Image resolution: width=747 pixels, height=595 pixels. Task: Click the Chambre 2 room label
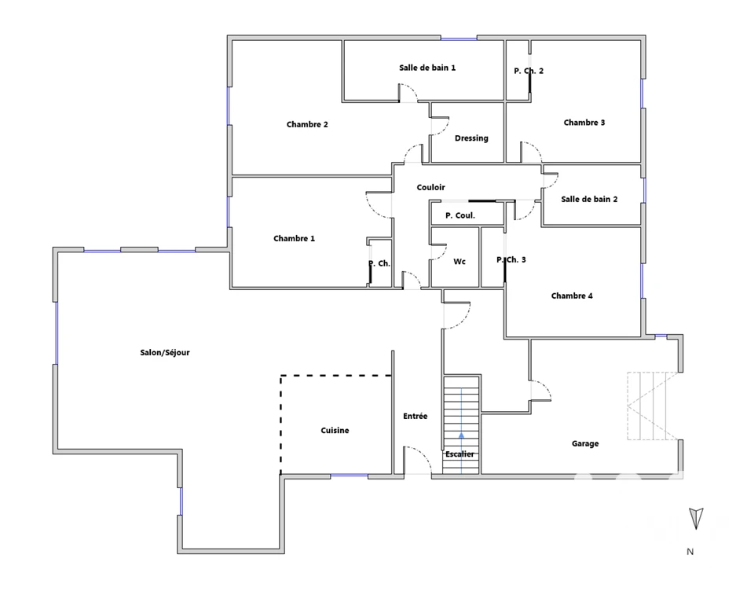coord(307,124)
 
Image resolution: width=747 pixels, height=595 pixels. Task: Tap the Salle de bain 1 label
coord(427,68)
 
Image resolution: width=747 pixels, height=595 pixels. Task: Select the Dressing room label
coord(471,138)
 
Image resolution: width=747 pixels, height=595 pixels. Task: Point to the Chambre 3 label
coord(584,123)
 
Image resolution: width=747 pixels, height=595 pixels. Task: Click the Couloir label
coord(431,187)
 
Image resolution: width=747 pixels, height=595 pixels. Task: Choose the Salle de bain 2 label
coord(589,200)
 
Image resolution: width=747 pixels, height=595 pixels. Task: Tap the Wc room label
coord(460,262)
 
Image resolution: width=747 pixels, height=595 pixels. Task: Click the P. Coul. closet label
coord(460,215)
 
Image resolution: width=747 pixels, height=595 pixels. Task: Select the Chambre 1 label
coord(294,238)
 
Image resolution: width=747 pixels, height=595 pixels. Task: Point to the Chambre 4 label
coord(572,296)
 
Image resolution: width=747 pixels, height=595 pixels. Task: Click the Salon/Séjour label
coord(165,353)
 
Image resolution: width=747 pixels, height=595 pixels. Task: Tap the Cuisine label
coord(335,431)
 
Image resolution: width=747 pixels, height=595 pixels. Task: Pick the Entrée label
coord(416,417)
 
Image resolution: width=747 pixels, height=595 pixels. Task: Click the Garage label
coord(585,444)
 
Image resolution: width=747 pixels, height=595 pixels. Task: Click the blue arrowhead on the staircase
coord(461,435)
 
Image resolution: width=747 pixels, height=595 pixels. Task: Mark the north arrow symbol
coord(696,518)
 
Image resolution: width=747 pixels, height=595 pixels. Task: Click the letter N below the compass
coord(690,552)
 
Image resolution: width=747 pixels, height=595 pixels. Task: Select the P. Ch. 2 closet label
coord(529,71)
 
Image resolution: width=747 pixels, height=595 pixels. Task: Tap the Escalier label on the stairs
coord(460,454)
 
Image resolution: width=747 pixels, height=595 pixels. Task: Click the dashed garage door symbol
coord(652,406)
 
